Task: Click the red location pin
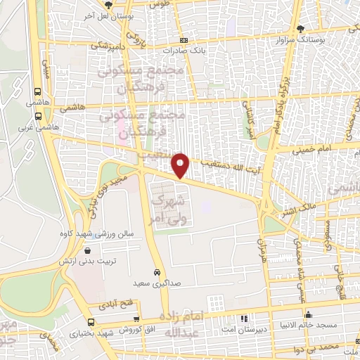tap(181, 165)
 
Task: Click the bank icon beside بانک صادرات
tap(184, 41)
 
